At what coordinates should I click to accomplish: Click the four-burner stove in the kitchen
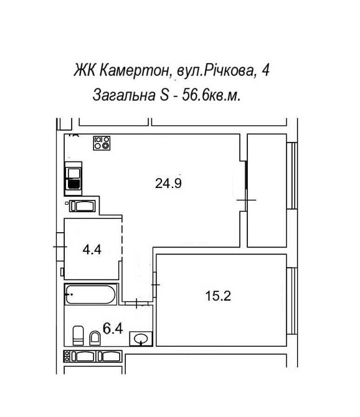pos(102,143)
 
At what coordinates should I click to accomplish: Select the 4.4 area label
pos(92,250)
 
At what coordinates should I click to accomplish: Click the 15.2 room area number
pos(218,296)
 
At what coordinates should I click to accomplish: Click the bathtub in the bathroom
pos(91,294)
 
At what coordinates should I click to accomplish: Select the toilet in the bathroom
pos(78,335)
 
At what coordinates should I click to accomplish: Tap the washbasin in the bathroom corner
pos(141,339)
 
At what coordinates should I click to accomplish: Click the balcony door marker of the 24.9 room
pos(247,199)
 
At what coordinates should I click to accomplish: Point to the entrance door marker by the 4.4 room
pos(60,246)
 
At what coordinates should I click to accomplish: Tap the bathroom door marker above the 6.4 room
pos(137,303)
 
